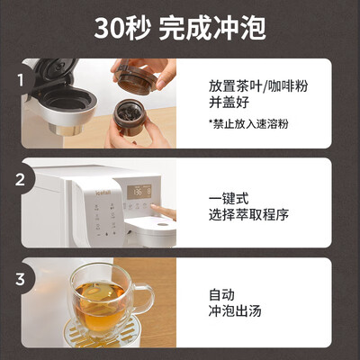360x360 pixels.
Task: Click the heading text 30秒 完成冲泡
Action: click(x=180, y=29)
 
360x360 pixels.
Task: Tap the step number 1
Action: click(x=21, y=80)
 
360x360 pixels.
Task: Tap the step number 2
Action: click(x=20, y=180)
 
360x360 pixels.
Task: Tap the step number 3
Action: click(x=20, y=279)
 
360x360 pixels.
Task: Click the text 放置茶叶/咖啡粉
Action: click(x=258, y=86)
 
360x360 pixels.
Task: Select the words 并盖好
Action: click(x=229, y=102)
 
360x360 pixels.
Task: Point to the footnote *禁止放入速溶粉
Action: click(x=248, y=123)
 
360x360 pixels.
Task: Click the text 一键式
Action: click(x=229, y=199)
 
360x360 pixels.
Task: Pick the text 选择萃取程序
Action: click(x=248, y=214)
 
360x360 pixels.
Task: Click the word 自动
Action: click(x=221, y=294)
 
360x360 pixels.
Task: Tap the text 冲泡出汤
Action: click(x=235, y=310)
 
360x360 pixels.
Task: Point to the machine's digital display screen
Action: click(x=139, y=192)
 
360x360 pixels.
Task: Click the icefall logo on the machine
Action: click(x=103, y=191)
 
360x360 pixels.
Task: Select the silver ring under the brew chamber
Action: click(x=66, y=130)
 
